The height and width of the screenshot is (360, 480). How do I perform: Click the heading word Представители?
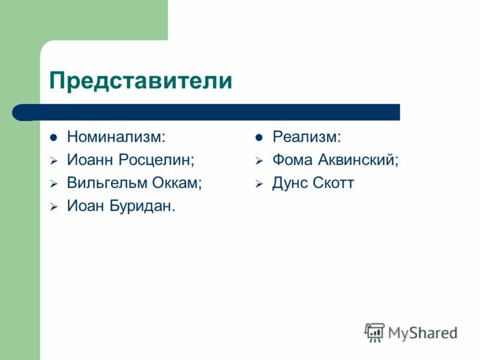140,80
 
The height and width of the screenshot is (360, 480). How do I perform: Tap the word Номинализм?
116,137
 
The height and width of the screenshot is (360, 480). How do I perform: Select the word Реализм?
307,137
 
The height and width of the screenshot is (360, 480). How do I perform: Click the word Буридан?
143,207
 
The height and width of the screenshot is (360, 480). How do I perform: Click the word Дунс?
290,184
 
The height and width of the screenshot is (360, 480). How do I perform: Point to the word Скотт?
334,184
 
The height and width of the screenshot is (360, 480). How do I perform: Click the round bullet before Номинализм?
53,137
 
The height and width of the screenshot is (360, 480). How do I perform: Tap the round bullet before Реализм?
259,137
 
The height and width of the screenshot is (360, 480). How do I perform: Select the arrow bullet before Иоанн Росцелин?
53,161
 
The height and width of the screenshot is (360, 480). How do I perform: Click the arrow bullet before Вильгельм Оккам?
53,184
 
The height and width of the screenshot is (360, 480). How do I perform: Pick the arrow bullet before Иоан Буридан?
53,208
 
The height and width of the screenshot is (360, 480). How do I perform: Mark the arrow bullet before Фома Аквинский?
259,161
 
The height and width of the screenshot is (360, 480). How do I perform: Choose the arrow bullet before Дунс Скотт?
259,184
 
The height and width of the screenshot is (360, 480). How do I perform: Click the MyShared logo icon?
374,332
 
